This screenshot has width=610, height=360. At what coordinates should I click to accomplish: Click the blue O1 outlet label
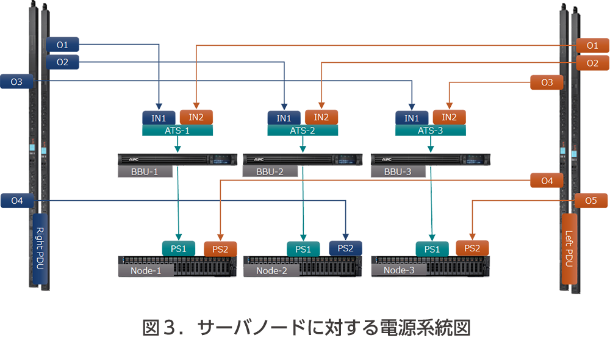(x=62, y=45)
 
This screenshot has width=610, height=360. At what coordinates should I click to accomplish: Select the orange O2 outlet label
(x=592, y=63)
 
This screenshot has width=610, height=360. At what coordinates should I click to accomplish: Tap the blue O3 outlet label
(x=17, y=82)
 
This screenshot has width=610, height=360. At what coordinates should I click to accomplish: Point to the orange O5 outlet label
(x=590, y=200)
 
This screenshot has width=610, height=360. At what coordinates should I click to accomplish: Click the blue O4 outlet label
(x=17, y=200)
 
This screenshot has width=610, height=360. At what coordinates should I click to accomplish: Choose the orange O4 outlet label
(x=547, y=181)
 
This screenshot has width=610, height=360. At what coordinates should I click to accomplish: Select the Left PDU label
(x=569, y=250)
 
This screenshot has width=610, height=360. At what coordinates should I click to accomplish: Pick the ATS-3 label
(x=430, y=131)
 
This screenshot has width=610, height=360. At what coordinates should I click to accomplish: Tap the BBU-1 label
(x=145, y=172)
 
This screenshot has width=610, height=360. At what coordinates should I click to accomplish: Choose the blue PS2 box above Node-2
(x=345, y=248)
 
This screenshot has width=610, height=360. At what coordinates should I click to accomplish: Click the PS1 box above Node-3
(x=432, y=248)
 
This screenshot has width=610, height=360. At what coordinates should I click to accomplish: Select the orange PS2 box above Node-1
(x=220, y=248)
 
